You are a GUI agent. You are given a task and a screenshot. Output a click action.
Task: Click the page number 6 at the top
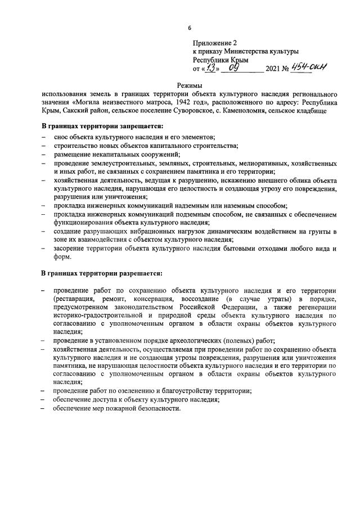pyautogui.click(x=190, y=28)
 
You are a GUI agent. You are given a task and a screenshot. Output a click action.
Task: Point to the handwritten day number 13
pyautogui.click(x=210, y=69)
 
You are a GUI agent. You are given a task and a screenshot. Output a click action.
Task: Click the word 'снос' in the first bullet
pyautogui.click(x=62, y=138)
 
